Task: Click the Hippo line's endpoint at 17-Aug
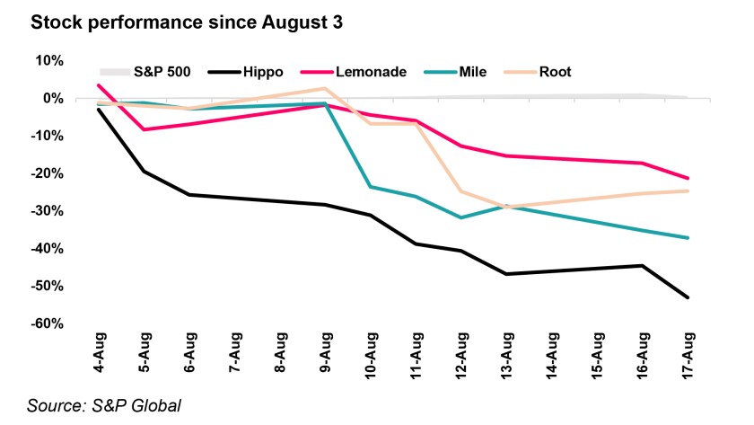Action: [688, 297]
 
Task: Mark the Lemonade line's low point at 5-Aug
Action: [143, 129]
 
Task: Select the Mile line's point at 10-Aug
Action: [370, 187]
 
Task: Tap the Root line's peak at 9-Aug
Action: [325, 88]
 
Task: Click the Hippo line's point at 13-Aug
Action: [506, 274]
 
